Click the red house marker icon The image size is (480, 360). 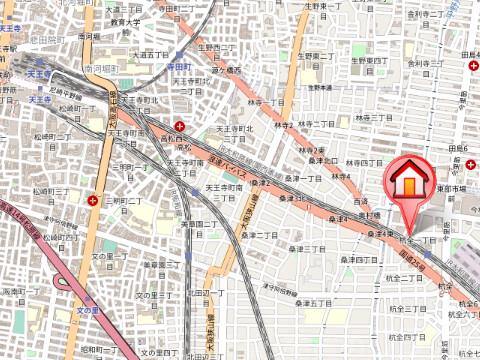tap(409, 181)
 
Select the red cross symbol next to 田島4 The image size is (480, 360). tap(471, 66)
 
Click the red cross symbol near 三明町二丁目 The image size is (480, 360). tap(94, 200)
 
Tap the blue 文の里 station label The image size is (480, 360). tap(90, 311)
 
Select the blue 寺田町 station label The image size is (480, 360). tap(178, 66)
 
